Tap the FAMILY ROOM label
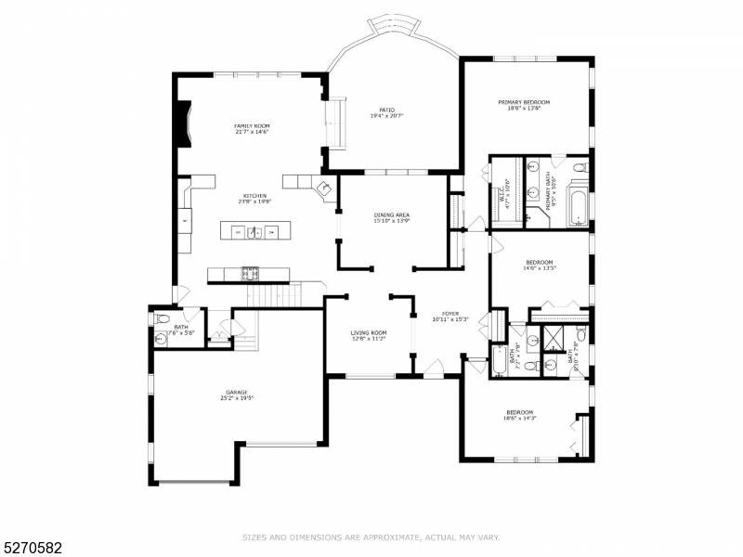(251, 125)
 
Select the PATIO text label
(386, 109)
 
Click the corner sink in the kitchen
(326, 188)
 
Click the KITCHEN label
(255, 196)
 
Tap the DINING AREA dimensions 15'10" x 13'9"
(391, 221)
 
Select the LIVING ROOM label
(369, 332)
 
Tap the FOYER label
(450, 313)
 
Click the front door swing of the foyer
(432, 368)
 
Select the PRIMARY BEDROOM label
(524, 102)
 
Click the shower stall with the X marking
(561, 337)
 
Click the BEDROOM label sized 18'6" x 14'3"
(519, 412)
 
